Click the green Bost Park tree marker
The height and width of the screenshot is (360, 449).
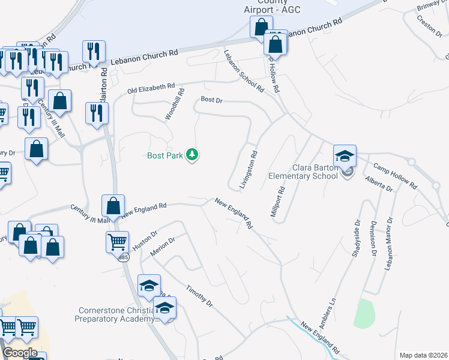[x=192, y=155]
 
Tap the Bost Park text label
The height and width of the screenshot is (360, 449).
[x=166, y=155]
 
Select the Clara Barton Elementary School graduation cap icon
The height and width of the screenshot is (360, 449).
[x=345, y=157]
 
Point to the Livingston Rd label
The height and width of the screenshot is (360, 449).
[x=248, y=170]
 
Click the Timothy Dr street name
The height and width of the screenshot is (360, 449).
[x=199, y=296]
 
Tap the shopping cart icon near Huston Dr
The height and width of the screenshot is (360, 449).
[x=117, y=243]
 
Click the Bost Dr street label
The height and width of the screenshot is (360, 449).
[x=211, y=100]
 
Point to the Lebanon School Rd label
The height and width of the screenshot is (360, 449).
[x=244, y=71]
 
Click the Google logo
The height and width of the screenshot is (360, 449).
[x=20, y=353]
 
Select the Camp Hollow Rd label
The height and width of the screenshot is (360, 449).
[x=394, y=176]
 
